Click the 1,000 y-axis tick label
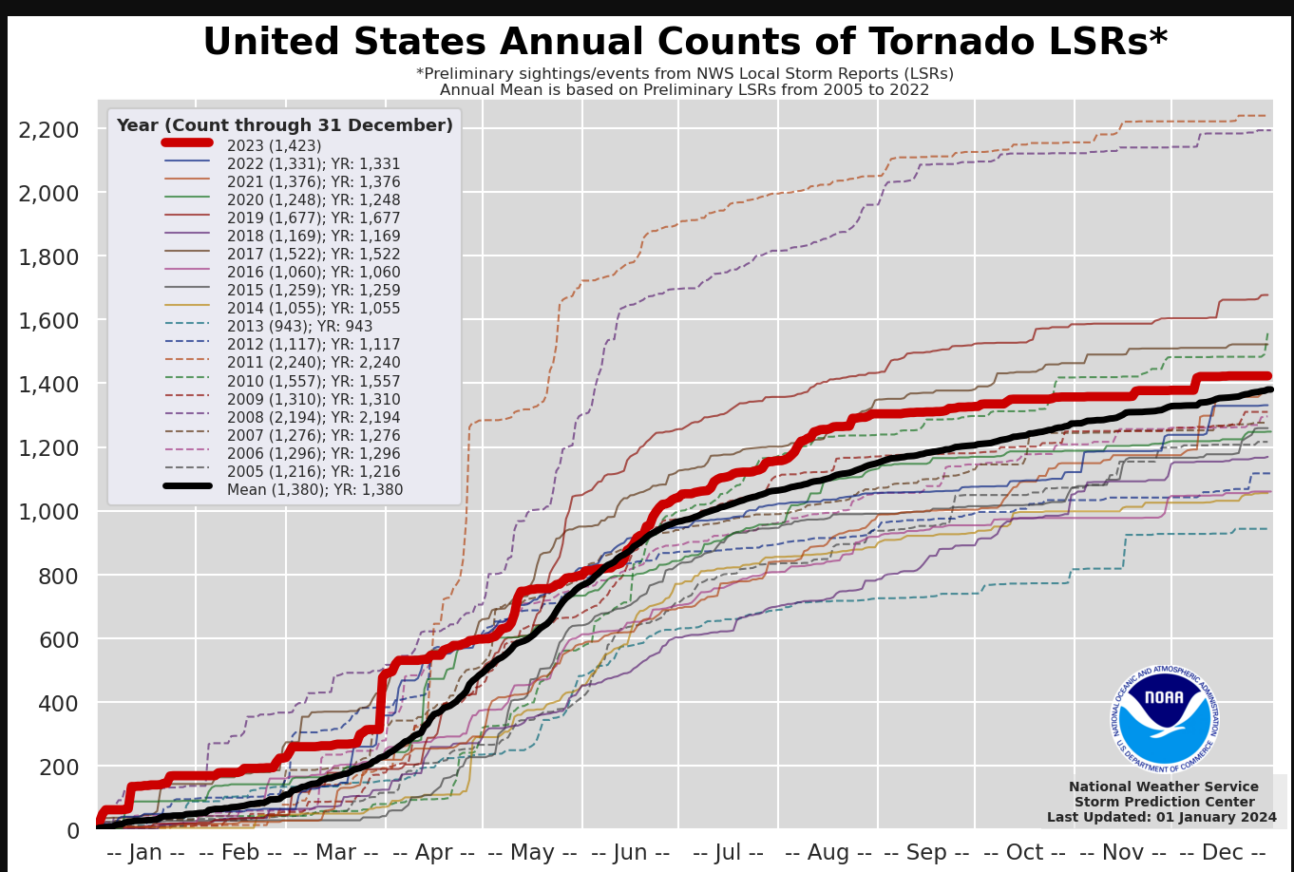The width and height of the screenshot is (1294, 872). click(51, 512)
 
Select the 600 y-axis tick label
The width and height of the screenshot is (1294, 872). click(59, 639)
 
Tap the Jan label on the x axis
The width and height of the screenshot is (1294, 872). click(146, 852)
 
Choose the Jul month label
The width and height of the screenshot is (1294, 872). click(728, 852)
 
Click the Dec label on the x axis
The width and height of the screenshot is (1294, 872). click(1222, 852)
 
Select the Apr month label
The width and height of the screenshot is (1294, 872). click(433, 852)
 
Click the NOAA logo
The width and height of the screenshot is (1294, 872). click(1164, 718)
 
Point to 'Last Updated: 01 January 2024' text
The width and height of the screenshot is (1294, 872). click(1162, 817)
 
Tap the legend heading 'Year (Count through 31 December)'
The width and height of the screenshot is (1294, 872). click(284, 125)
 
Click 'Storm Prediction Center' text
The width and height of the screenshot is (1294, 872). click(1164, 802)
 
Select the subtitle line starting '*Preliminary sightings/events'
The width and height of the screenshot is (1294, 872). click(684, 74)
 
